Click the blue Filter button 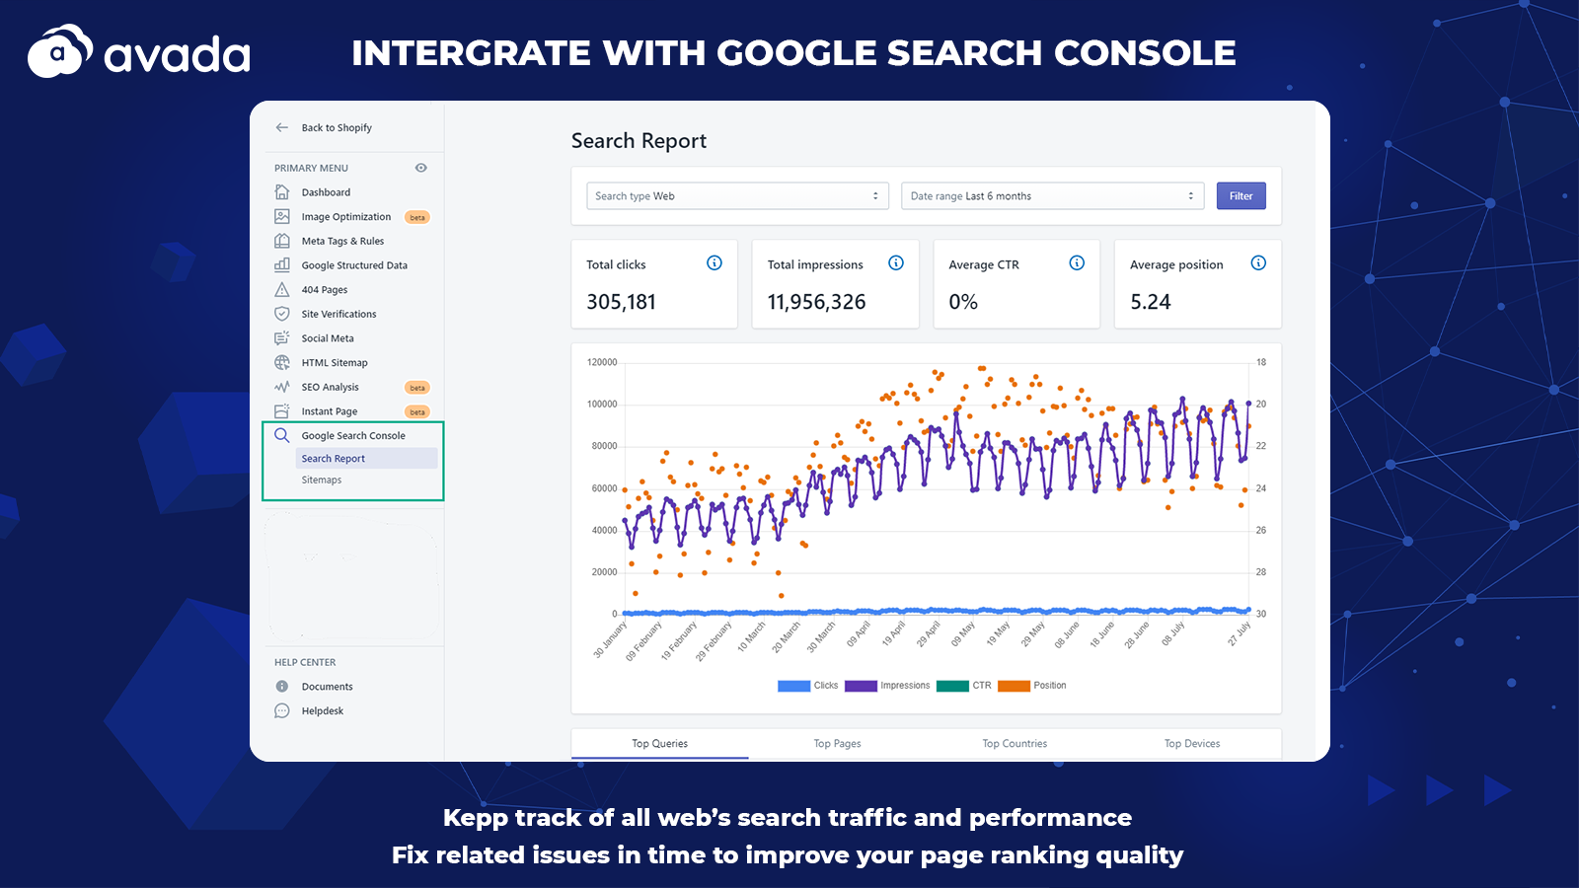click(1241, 196)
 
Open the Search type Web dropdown click(737, 196)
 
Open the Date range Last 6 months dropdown click(1052, 196)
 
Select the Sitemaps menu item click(322, 481)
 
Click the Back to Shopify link click(337, 128)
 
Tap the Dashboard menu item click(326, 192)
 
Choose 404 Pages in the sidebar click(325, 290)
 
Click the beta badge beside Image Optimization click(417, 217)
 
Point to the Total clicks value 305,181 click(621, 302)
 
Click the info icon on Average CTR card click(1077, 263)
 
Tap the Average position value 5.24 click(1151, 302)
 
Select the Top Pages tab click(837, 744)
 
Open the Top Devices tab click(1192, 744)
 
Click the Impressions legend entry click(887, 686)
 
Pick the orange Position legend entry click(1032, 686)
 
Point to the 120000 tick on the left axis click(602, 362)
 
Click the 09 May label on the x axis click(962, 634)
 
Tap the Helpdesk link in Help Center click(323, 711)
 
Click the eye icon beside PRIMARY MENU click(421, 168)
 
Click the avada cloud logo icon click(59, 52)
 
